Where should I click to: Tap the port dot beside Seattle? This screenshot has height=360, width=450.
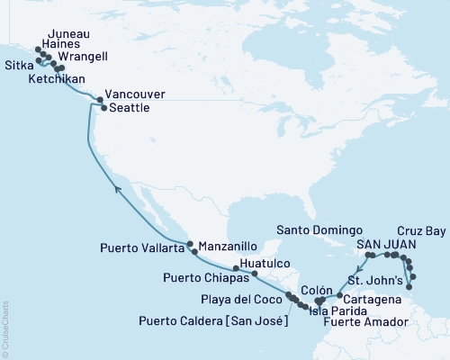click(102, 108)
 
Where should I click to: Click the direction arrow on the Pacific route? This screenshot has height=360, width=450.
click(117, 186)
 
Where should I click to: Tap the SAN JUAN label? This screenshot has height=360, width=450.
click(387, 245)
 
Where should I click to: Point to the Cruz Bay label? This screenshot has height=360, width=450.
click(421, 232)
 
